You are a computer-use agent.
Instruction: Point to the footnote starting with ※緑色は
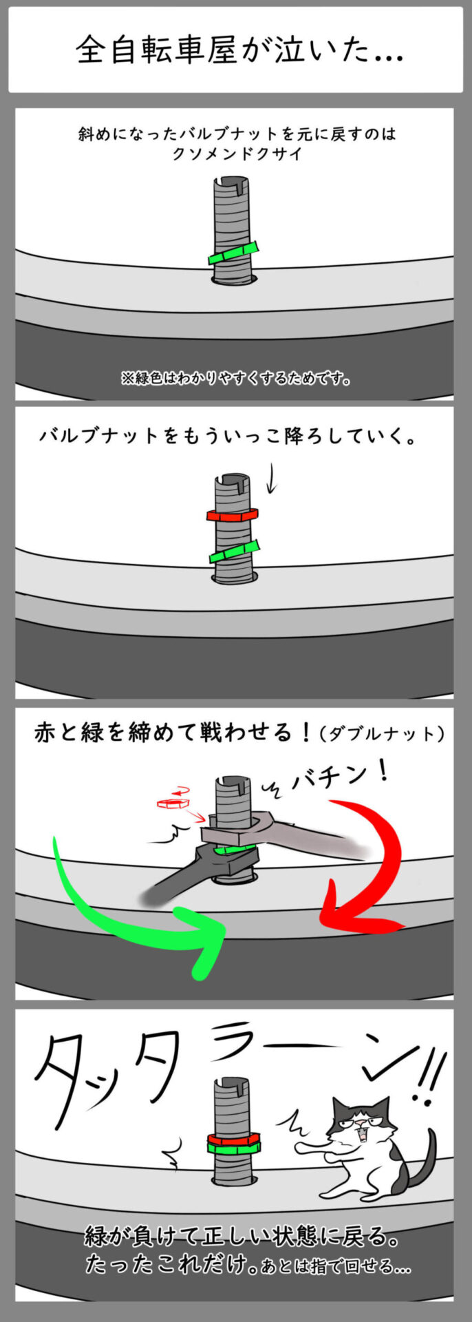235,378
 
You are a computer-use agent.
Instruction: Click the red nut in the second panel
232,514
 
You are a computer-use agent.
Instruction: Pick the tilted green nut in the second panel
235,552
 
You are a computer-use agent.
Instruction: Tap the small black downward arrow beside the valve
271,480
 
